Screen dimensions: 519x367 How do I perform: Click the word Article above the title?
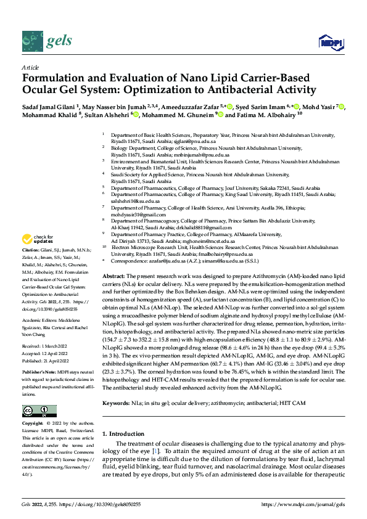(30, 68)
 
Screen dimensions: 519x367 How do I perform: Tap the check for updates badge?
(38, 239)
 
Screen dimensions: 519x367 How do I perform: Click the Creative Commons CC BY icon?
(39, 411)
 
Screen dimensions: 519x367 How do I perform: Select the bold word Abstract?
(114, 276)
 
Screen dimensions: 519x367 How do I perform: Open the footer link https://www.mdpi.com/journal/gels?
(303, 504)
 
